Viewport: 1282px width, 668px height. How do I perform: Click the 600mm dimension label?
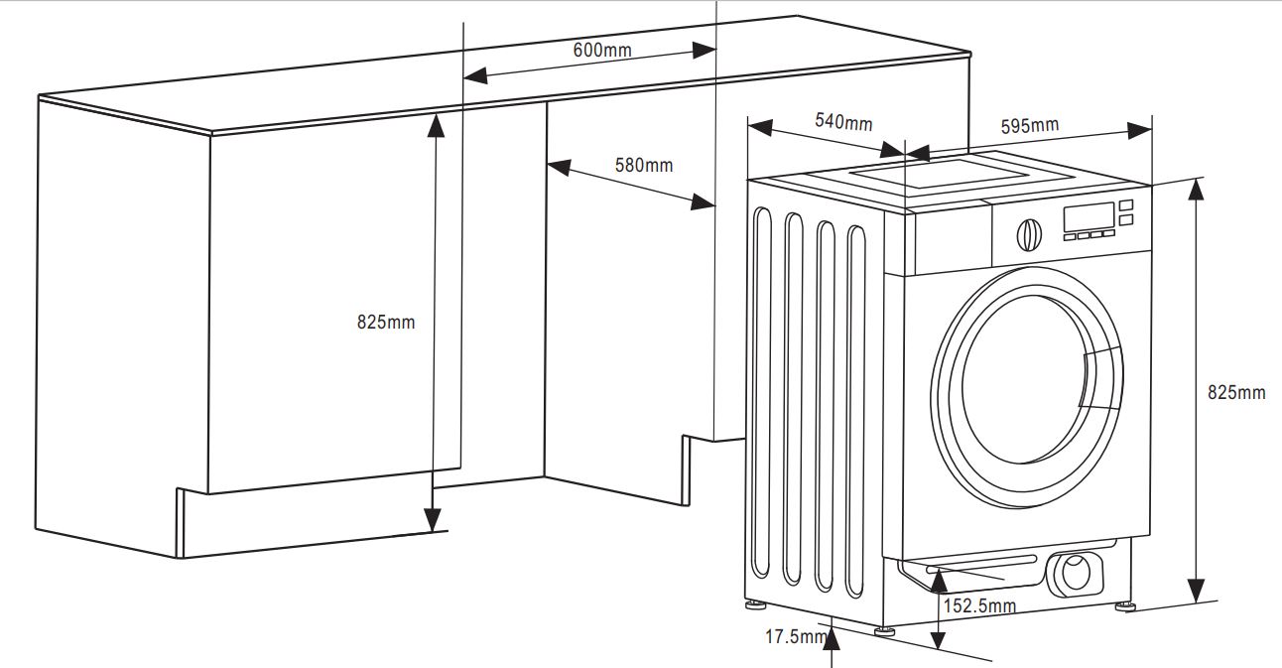602,51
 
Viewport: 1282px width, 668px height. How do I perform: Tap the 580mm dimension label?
643,165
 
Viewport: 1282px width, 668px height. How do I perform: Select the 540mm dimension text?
843,122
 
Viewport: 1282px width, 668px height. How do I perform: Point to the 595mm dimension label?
1029,126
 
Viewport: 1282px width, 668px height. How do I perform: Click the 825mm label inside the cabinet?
386,322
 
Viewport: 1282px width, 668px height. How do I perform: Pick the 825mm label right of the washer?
1236,392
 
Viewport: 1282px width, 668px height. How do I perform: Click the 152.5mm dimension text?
979,605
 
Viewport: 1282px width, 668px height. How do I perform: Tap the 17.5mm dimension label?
794,636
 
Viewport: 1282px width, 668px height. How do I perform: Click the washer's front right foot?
1124,603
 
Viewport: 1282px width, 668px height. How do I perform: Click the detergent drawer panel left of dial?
952,240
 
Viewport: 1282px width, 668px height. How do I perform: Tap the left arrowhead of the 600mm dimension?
474,75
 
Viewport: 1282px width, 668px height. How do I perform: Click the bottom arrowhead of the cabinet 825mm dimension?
433,519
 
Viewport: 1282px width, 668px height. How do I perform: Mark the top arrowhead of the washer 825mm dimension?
1198,191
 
